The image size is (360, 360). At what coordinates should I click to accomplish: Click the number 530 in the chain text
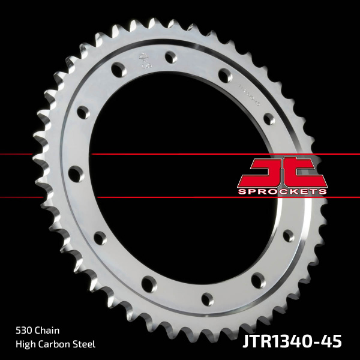tap(24, 330)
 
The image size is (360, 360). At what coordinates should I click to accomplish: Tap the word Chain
tap(47, 330)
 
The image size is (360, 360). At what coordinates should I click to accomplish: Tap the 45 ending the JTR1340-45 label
tap(332, 341)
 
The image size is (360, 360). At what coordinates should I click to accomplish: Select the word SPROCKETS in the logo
tap(282, 191)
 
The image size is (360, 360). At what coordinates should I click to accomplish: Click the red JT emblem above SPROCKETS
tap(282, 172)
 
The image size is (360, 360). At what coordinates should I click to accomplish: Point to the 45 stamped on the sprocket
tap(145, 61)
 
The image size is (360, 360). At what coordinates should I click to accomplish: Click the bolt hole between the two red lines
tap(74, 174)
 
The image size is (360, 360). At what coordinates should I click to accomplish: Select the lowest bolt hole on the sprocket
tap(206, 299)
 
